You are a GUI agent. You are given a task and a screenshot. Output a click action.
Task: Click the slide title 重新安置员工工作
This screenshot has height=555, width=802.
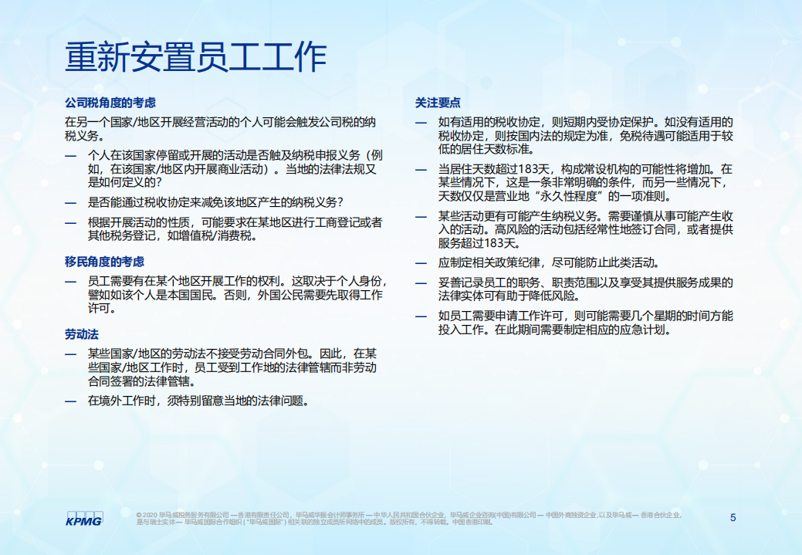(x=196, y=57)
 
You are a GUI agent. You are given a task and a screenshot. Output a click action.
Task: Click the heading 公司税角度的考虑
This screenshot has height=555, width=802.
(x=110, y=103)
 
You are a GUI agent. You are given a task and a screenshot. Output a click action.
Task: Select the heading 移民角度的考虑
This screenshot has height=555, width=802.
(x=104, y=262)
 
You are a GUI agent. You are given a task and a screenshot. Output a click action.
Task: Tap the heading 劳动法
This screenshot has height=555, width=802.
(x=81, y=334)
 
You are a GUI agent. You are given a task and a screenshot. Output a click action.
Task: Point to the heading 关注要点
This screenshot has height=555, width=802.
(x=438, y=102)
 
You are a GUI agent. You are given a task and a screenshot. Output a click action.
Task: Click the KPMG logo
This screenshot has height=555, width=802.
(x=83, y=518)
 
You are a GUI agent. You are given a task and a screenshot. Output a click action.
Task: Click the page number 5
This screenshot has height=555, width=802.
(x=733, y=517)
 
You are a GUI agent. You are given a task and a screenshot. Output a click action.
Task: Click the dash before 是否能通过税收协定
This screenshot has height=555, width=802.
(x=70, y=203)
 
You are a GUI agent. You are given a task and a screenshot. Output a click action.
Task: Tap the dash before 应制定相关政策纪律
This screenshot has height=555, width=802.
(x=421, y=262)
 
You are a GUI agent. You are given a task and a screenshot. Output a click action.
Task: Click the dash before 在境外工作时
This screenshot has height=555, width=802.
(x=70, y=401)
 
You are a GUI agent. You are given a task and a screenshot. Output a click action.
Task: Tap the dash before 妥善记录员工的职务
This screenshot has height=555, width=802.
(x=421, y=283)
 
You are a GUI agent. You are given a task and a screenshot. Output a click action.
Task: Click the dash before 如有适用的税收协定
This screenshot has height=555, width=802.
(x=421, y=122)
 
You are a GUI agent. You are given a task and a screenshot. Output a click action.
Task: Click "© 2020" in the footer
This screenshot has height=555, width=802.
(x=147, y=515)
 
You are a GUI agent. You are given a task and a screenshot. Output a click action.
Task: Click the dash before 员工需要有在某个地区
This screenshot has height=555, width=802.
(x=70, y=282)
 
